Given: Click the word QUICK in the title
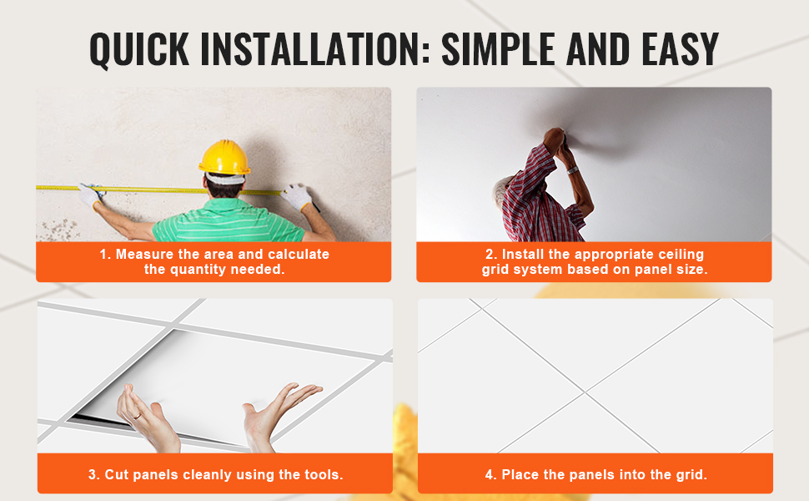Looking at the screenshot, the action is (x=139, y=49).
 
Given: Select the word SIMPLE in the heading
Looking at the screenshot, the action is (x=498, y=49).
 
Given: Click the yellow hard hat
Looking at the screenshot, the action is (x=224, y=157).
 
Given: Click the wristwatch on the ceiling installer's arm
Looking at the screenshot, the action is (x=571, y=170).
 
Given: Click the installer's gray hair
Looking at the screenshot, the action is (x=501, y=189).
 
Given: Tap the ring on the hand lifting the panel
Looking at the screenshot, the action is (x=138, y=416).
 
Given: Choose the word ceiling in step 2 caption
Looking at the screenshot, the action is (x=679, y=255).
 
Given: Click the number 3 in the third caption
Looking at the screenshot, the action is (x=93, y=474).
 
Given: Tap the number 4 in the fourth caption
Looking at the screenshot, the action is (x=489, y=474).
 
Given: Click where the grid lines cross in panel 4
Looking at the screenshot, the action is (x=585, y=392).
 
